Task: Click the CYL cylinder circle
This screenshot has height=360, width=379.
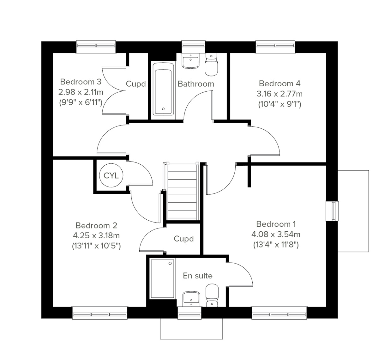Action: [111, 175]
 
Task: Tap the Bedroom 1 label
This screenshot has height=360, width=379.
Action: [276, 224]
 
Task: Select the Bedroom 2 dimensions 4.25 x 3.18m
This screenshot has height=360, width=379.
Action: [96, 236]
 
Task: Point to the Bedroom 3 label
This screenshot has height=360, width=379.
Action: [81, 82]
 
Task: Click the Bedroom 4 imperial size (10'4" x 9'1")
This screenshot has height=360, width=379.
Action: [280, 104]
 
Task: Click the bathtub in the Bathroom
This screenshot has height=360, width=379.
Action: [163, 89]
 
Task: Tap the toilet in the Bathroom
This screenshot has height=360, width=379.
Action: [211, 65]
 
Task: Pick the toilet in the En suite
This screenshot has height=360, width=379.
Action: [212, 295]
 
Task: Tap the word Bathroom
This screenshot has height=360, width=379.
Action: [196, 84]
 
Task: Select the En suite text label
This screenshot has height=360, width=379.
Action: [198, 276]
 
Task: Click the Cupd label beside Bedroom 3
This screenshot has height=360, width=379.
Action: [136, 84]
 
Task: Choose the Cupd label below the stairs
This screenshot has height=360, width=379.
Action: [183, 239]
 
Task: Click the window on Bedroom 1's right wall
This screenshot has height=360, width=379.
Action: [332, 211]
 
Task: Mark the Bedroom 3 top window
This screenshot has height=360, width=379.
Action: [96, 47]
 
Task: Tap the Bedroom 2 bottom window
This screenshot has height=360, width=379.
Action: [100, 312]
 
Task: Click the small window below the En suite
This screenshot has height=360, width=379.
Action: [189, 312]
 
